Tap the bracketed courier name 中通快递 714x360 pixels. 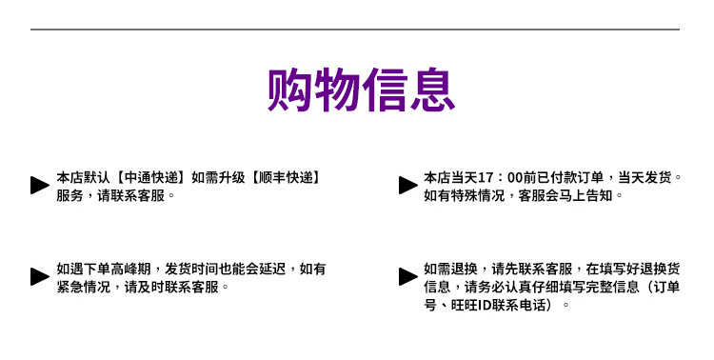pos(151,177)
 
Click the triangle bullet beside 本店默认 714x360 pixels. pos(39,186)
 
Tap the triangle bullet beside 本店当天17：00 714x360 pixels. pos(407,186)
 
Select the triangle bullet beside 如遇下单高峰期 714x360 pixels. pos(39,277)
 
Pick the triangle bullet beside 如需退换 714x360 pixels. pos(407,277)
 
